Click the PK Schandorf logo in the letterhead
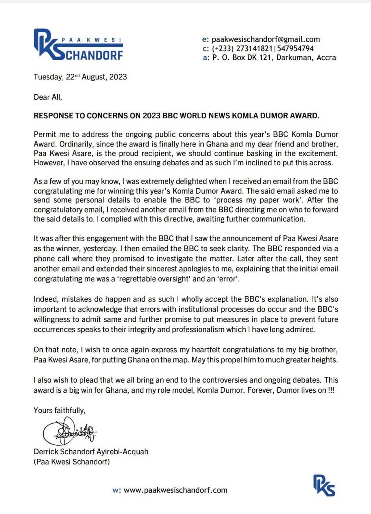click(79, 45)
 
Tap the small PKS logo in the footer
click(324, 485)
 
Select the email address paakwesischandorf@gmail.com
click(266, 39)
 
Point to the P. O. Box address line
click(274, 58)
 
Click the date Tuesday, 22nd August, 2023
click(80, 77)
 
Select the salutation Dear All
click(48, 97)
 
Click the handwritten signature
click(70, 431)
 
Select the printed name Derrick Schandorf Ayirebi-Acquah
click(91, 452)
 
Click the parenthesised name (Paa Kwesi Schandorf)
click(72, 462)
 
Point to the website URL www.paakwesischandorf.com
click(175, 490)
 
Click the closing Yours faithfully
click(60, 410)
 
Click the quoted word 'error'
click(228, 279)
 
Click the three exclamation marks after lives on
click(331, 390)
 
